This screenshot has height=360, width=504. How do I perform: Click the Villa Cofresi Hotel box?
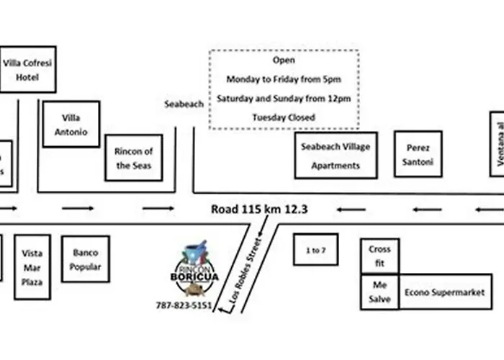[28, 70]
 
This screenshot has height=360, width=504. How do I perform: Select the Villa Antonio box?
[71, 125]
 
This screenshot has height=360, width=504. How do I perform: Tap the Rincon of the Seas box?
[134, 158]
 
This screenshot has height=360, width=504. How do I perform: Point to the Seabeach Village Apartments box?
[336, 156]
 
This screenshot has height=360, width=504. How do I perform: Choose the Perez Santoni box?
[418, 154]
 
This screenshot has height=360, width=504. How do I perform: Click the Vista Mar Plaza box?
[32, 267]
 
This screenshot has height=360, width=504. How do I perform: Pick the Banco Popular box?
[86, 259]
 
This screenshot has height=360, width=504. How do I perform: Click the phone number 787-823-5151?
[184, 305]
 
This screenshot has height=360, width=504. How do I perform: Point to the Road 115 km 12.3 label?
[259, 210]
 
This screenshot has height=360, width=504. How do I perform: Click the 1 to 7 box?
[315, 250]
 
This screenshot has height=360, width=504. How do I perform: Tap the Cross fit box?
[379, 256]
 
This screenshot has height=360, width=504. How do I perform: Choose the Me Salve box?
[379, 292]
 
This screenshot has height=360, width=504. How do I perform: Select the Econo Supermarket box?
[445, 292]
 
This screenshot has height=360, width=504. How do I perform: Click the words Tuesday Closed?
[284, 117]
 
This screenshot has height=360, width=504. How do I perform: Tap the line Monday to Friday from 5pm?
[284, 78]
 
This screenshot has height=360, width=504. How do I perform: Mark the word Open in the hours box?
[284, 60]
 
